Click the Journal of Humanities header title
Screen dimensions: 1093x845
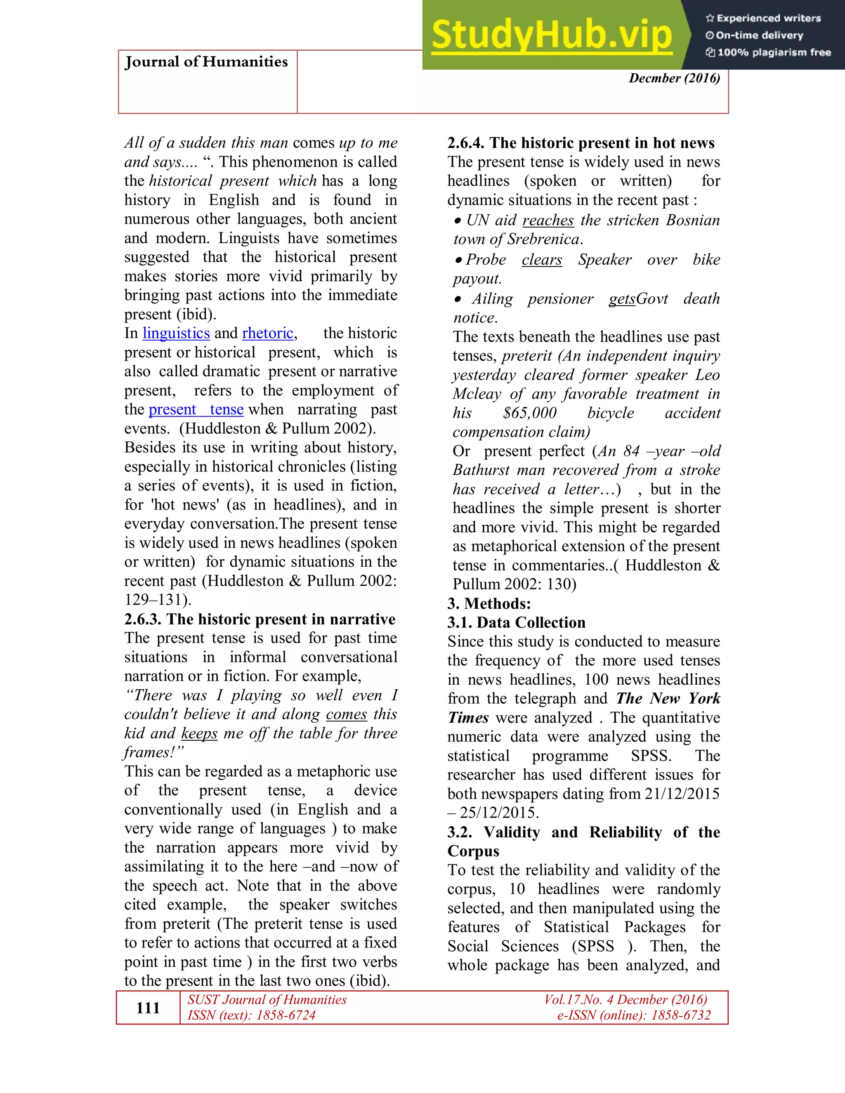[x=206, y=61]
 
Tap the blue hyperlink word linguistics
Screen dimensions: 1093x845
[x=176, y=333]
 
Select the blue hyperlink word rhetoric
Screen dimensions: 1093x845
[x=267, y=333]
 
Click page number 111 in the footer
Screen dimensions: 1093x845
[x=148, y=1008]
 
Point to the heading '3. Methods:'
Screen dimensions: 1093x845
[x=489, y=603]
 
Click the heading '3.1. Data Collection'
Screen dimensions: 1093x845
[x=516, y=622]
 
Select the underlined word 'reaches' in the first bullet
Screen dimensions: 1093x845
[x=548, y=220]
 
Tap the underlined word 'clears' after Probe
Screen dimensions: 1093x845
[x=541, y=260]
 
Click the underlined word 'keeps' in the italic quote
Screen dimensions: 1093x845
[x=199, y=733]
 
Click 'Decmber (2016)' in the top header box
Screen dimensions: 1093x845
[x=674, y=78]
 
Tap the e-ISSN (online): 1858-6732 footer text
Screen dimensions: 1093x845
[x=634, y=1015]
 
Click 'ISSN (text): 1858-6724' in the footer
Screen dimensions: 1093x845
[x=251, y=1015]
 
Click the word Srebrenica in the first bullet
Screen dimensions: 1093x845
[x=543, y=239]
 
